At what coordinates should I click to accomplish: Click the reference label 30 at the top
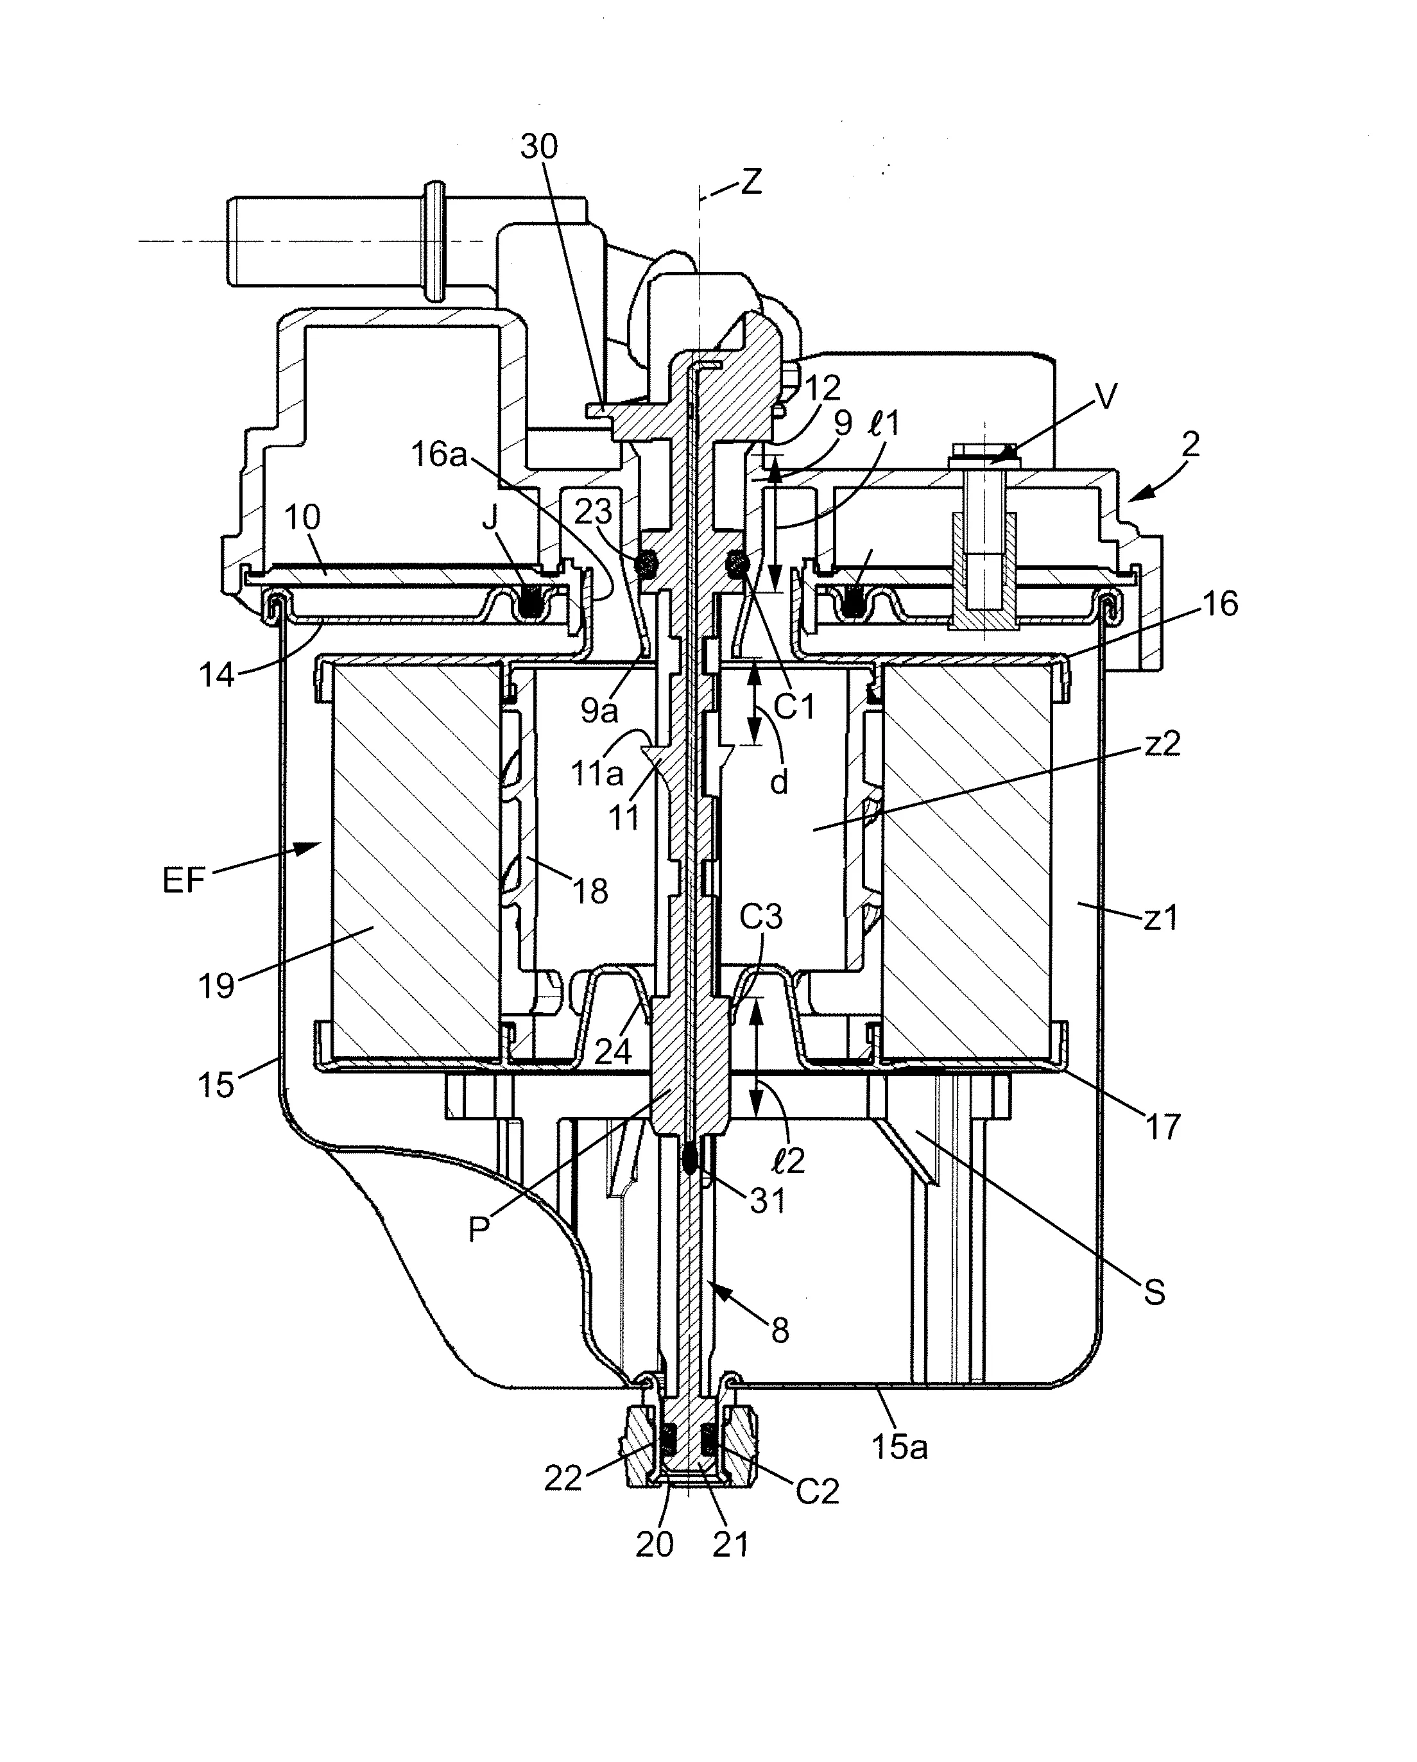click(x=539, y=146)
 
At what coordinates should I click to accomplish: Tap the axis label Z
click(x=751, y=182)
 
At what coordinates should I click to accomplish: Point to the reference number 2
click(x=1190, y=445)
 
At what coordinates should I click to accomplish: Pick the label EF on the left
click(x=184, y=880)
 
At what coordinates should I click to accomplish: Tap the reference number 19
click(x=216, y=986)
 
